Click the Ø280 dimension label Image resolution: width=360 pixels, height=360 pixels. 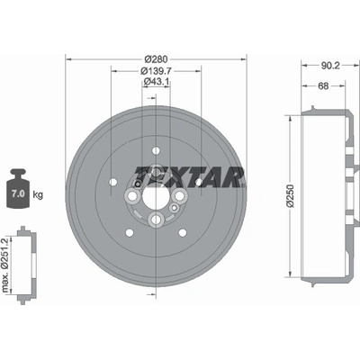pyautogui.click(x=156, y=58)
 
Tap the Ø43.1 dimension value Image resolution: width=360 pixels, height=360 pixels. pyautogui.click(x=157, y=81)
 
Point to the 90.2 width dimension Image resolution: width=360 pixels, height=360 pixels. pyautogui.click(x=330, y=66)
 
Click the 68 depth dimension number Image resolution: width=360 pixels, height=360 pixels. pyautogui.click(x=323, y=86)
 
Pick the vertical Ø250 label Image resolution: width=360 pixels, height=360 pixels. pyautogui.click(x=290, y=195)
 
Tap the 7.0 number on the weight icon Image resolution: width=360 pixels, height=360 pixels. pyautogui.click(x=18, y=193)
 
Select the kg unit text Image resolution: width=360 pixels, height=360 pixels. pyautogui.click(x=38, y=195)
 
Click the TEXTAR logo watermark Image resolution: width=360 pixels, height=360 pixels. pyautogui.click(x=189, y=176)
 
